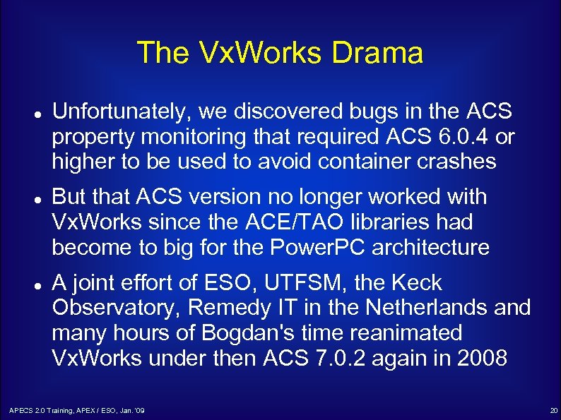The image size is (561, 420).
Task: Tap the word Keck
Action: click(x=417, y=283)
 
